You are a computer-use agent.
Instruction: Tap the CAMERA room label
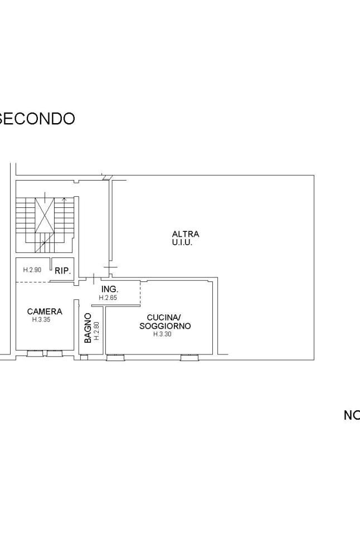click(x=45, y=312)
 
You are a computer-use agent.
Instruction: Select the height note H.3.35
click(x=41, y=320)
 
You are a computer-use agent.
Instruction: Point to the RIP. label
click(x=62, y=271)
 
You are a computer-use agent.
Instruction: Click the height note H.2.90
click(x=32, y=270)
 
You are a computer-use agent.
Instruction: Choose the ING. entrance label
click(x=109, y=290)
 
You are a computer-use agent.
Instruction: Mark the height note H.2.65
click(x=108, y=298)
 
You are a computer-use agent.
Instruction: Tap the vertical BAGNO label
click(x=87, y=328)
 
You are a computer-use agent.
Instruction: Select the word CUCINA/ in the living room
click(x=164, y=318)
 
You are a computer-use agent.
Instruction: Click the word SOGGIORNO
click(x=165, y=326)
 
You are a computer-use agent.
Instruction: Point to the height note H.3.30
click(x=162, y=334)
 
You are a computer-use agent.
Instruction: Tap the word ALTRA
click(x=186, y=234)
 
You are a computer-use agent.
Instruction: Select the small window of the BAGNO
click(x=84, y=357)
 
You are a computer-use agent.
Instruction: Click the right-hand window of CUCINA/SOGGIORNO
click(x=188, y=357)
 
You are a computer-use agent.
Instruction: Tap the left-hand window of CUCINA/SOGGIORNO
click(x=115, y=357)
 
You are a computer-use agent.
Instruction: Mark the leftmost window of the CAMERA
click(x=35, y=353)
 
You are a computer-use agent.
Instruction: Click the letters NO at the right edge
click(x=351, y=415)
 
